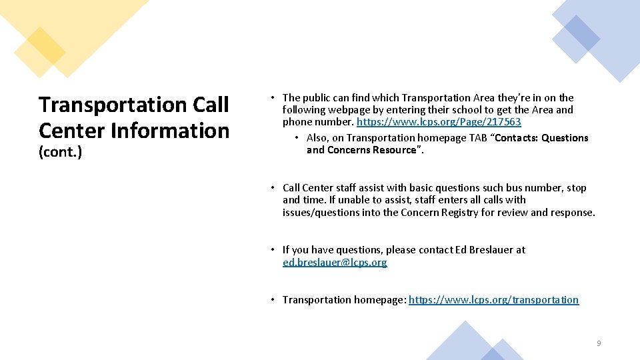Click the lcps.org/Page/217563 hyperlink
[x=439, y=122]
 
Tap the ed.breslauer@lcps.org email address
[x=335, y=262]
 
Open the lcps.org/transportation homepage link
[x=493, y=300]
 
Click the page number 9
[x=598, y=343]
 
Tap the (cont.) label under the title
[x=60, y=152]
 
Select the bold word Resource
[x=393, y=150]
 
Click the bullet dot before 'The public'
[x=273, y=98]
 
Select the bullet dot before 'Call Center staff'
[x=273, y=188]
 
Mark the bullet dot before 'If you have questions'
[x=273, y=250]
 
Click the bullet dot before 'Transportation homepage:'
[x=273, y=300]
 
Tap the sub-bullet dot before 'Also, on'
[x=297, y=138]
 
